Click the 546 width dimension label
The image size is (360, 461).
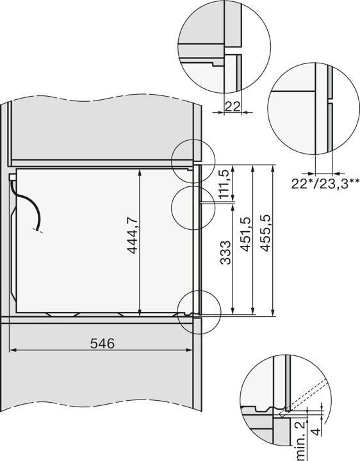[x=102, y=343]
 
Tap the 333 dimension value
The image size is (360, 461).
[x=225, y=252]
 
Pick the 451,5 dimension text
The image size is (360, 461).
[x=245, y=234]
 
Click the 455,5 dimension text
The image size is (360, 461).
[x=265, y=233]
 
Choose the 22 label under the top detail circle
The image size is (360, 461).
[x=233, y=106]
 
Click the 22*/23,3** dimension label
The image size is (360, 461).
[x=325, y=184]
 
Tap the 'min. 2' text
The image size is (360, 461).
[x=299, y=441]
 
